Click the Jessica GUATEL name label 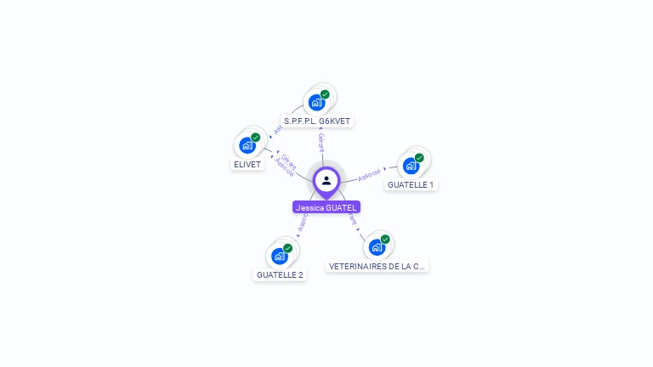tap(326, 207)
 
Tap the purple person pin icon tap(326, 181)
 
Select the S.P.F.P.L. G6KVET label tap(317, 121)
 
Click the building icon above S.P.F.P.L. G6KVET tap(316, 103)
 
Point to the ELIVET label tap(247, 164)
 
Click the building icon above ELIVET tap(247, 145)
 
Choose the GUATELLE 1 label tap(411, 184)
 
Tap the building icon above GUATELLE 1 tap(411, 166)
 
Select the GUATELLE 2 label tap(280, 274)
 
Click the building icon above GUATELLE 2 tap(279, 256)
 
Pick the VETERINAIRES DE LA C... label tap(377, 266)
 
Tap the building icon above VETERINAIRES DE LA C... tap(376, 247)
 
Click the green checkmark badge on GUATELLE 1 tap(419, 157)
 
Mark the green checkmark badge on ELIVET tap(255, 137)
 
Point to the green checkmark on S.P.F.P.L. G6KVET tap(325, 94)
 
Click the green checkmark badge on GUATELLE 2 tap(287, 247)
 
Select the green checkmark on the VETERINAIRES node tap(384, 239)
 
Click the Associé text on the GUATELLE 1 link tap(370, 173)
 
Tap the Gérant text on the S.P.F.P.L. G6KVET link tap(321, 142)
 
